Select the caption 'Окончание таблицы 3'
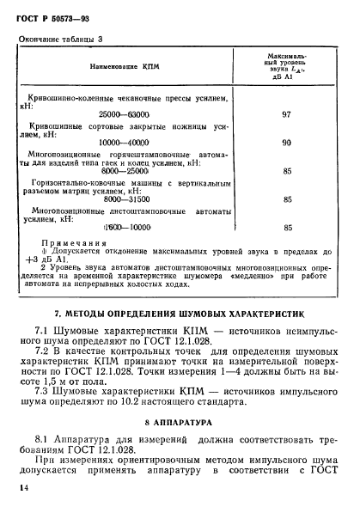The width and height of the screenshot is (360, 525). [x=61, y=40]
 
